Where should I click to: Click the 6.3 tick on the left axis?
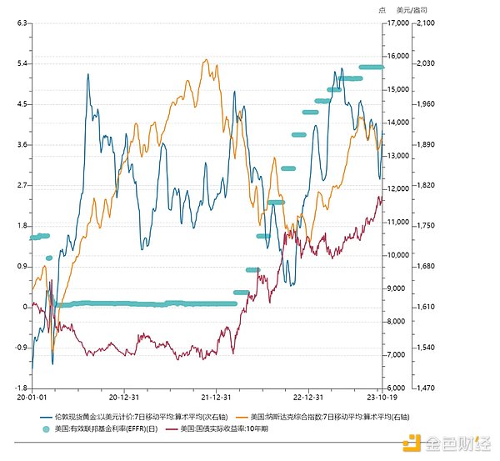[22, 23]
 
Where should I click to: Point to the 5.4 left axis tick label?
[22, 64]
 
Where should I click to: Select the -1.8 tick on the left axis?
[20, 388]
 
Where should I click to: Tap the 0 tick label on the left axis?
[26, 307]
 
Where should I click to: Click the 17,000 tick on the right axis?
[398, 23]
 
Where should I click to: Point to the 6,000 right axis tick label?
[397, 388]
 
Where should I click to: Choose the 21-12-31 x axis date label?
[216, 398]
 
